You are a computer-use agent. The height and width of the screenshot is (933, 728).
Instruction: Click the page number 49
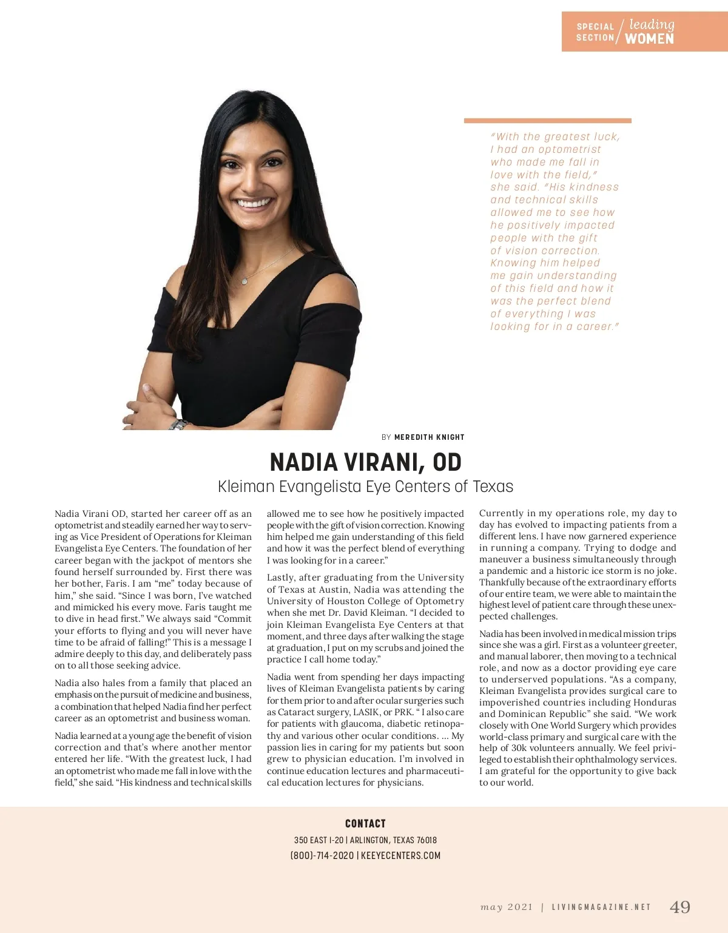pos(679,907)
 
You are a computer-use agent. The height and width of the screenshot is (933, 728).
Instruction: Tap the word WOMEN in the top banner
pos(649,39)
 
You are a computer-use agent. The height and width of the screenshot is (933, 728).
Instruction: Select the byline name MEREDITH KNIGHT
pos(429,437)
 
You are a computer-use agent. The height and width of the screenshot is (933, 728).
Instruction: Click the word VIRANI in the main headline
pos(381,462)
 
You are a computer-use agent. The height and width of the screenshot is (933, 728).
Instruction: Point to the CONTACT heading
pos(365,823)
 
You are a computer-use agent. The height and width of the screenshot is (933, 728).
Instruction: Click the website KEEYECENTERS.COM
pos(400,855)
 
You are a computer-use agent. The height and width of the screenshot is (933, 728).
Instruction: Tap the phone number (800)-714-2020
pos(322,855)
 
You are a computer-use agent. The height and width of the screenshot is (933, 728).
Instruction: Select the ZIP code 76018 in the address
pos(426,840)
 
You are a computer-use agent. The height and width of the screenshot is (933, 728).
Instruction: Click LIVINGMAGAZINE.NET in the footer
pos(601,908)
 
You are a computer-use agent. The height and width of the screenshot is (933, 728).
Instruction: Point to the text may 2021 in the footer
pos(507,908)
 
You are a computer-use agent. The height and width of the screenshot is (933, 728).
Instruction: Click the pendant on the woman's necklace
pos(244,281)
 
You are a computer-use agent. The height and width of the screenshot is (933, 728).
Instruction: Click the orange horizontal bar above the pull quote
pos(547,121)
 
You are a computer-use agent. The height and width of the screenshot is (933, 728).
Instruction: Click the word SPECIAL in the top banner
pos(595,27)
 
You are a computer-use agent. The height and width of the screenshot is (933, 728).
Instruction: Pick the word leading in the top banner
pos(652,24)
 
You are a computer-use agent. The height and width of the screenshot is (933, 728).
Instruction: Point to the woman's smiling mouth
pos(254,203)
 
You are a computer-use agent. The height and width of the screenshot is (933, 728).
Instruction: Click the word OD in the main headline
pos(447,462)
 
